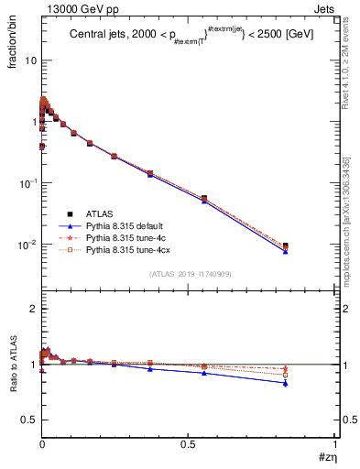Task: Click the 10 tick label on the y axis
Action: pyautogui.click(x=30, y=60)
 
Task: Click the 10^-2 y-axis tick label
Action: pyautogui.click(x=27, y=244)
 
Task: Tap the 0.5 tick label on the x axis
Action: pyautogui.click(x=189, y=445)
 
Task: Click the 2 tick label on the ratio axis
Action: pyautogui.click(x=34, y=310)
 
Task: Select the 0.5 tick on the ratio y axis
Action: pyautogui.click(x=29, y=420)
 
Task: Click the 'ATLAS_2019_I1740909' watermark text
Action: pyautogui.click(x=189, y=274)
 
